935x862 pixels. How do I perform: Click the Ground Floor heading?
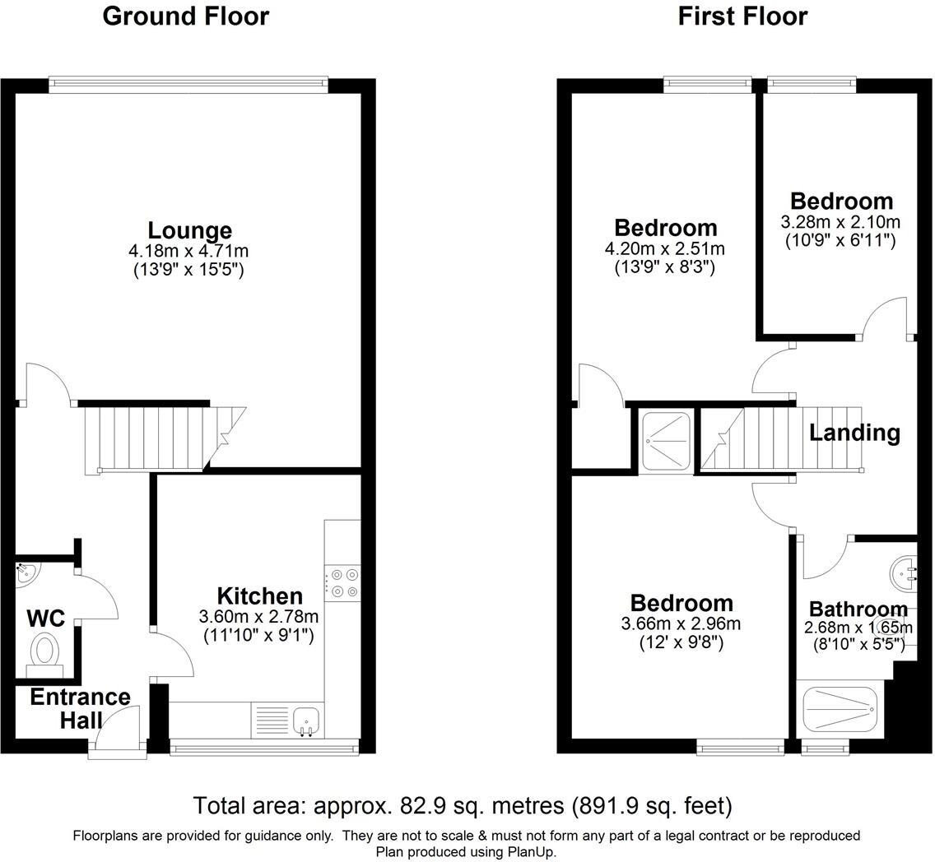click(185, 16)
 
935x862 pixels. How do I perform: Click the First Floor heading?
click(742, 16)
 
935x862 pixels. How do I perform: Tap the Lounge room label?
click(189, 230)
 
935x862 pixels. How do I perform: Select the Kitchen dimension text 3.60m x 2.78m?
click(258, 616)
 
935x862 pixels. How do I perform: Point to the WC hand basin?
click(25, 574)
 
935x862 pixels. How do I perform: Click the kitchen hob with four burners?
click(342, 582)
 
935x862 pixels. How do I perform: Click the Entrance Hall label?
click(80, 708)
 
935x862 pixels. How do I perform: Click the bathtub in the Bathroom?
click(840, 710)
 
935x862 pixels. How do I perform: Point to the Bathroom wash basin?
click(904, 570)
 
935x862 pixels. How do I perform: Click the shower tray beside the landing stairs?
click(666, 441)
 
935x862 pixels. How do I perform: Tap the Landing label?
click(854, 433)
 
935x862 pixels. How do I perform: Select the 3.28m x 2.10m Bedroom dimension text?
click(840, 222)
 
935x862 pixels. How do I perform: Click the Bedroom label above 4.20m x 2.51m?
click(666, 228)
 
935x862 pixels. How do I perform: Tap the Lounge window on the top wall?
click(188, 82)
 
